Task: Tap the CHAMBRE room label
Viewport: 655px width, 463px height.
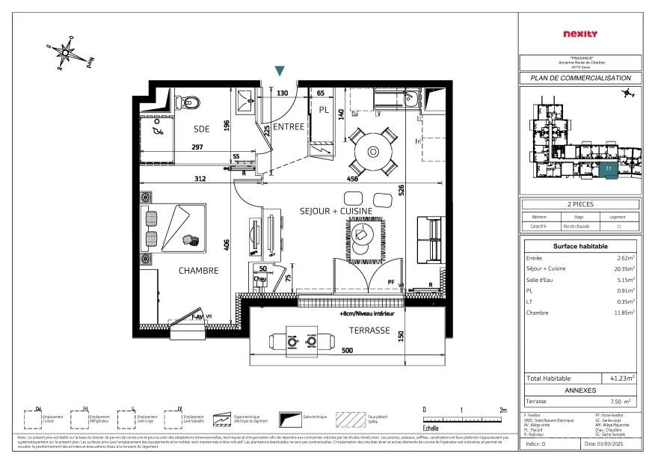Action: pyautogui.click(x=198, y=271)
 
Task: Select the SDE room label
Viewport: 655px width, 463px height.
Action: pyautogui.click(x=202, y=129)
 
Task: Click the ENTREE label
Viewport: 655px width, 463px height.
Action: pyautogui.click(x=289, y=127)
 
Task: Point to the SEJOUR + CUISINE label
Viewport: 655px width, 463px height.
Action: pyautogui.click(x=336, y=212)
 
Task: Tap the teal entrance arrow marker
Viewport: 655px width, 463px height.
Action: pyautogui.click(x=280, y=71)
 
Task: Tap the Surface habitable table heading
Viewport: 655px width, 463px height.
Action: pyautogui.click(x=580, y=246)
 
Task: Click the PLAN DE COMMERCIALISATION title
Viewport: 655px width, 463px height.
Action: pyautogui.click(x=580, y=78)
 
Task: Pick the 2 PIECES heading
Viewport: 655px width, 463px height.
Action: pyautogui.click(x=580, y=204)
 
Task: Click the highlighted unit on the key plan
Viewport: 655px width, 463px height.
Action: pyautogui.click(x=609, y=170)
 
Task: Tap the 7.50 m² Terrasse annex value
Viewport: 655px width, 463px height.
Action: pyautogui.click(x=621, y=402)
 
